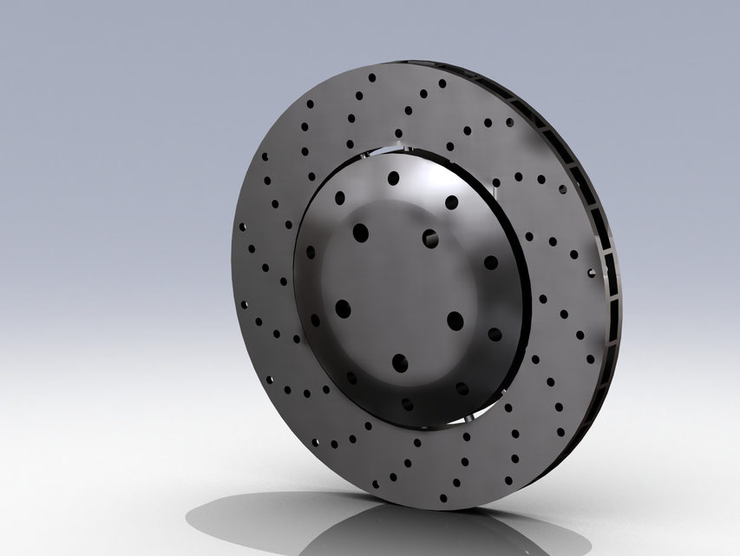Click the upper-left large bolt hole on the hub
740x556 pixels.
(x=360, y=232)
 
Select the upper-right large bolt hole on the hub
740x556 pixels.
(x=430, y=238)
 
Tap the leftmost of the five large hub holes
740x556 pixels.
(x=343, y=308)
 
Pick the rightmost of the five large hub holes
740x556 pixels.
(x=455, y=321)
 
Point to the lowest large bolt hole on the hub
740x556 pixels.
(x=399, y=362)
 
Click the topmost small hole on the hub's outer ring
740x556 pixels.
(x=393, y=178)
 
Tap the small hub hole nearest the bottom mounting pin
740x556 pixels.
(x=462, y=388)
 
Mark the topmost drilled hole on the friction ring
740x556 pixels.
(x=371, y=77)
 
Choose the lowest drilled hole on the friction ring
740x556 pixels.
(x=443, y=499)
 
